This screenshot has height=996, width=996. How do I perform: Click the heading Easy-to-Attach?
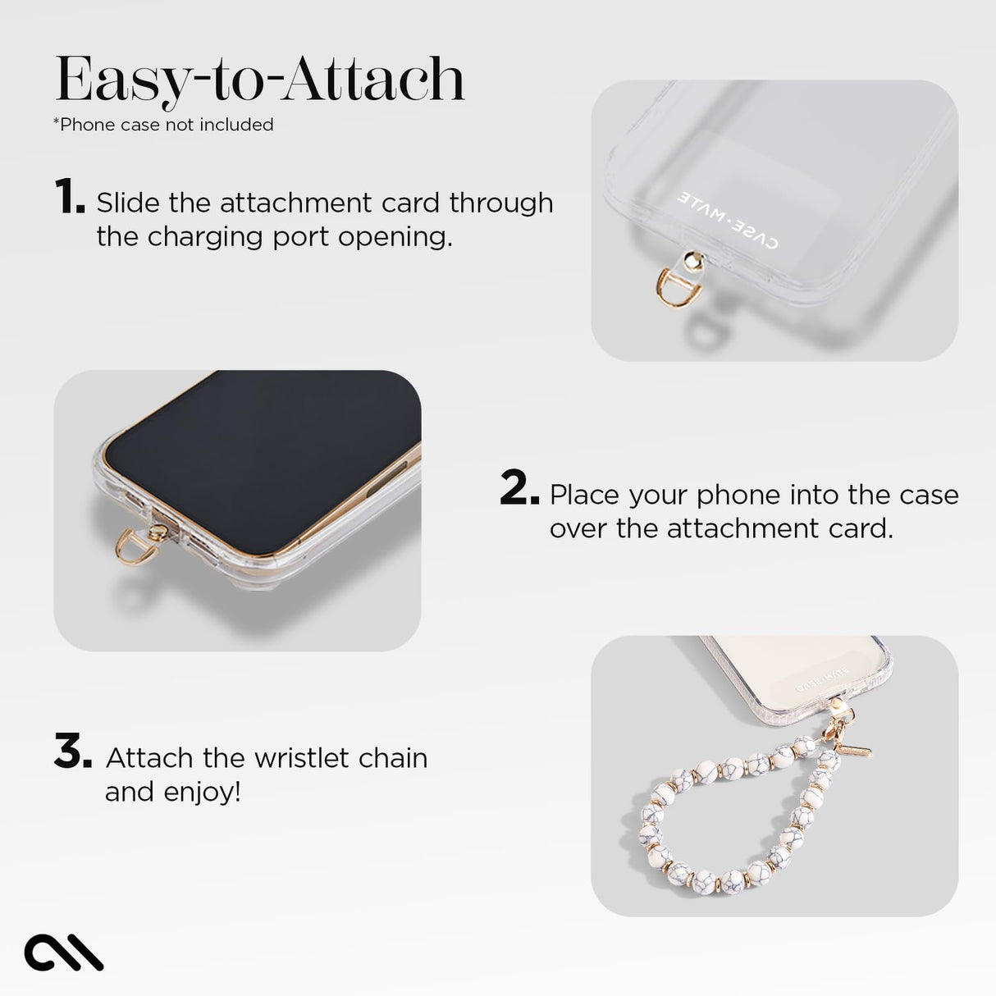pos(259,80)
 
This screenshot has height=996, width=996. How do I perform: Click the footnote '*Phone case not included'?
pos(163,125)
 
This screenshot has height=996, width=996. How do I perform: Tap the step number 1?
pos(69,197)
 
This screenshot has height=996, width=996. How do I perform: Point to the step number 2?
pos(519,489)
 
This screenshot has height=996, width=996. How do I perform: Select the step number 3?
pos(72,752)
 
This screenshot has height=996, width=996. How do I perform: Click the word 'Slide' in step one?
pos(128,203)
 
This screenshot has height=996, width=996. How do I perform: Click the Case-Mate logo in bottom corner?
pos(64,953)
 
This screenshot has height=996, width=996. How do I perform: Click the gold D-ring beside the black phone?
pos(133,546)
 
